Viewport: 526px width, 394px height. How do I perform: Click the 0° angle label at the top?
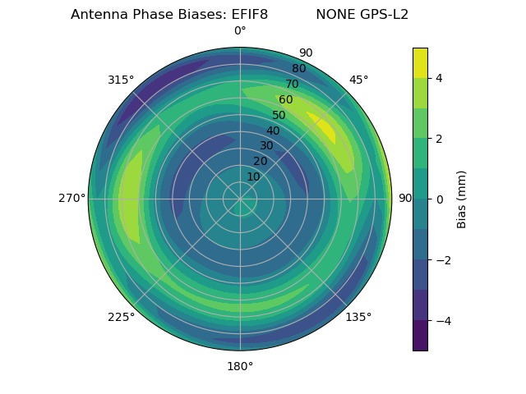coord(240,31)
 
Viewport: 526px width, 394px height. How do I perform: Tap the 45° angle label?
coord(358,80)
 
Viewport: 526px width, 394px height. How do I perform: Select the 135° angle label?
coord(358,317)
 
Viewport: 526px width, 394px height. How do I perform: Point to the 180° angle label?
coord(240,366)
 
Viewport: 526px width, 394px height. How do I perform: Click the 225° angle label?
coord(121,317)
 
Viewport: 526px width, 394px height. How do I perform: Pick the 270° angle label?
coord(72,198)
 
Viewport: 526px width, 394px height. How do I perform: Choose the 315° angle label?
coord(121,80)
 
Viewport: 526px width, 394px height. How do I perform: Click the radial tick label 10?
coord(254,176)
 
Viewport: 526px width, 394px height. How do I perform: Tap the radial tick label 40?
coord(273,131)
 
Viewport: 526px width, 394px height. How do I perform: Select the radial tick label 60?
coord(286,100)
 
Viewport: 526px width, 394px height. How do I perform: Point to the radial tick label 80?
coord(299,69)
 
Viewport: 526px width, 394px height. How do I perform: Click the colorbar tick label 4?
coord(440,78)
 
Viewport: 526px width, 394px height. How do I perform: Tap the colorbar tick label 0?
coord(440,199)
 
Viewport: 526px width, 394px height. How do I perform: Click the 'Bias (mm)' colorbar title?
coord(462,199)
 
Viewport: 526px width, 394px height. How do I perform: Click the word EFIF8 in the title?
coord(245,15)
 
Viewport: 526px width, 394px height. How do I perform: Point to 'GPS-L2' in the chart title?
coord(385,15)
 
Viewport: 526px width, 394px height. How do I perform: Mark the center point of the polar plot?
coord(240,199)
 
